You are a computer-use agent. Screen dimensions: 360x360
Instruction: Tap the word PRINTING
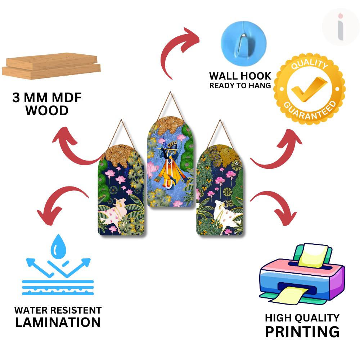coord(302,332)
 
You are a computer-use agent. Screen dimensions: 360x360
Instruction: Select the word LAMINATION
coord(58,322)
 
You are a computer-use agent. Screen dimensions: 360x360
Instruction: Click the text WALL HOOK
coord(240,76)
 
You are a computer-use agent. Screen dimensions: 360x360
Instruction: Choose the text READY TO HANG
coord(240,86)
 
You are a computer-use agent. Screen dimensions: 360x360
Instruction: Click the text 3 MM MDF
coord(47,98)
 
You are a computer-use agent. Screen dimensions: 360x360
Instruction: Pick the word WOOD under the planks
coord(47,111)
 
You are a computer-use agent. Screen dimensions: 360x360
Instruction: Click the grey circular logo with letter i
coord(340,27)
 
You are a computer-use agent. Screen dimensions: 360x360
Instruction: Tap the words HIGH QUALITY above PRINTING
coord(302,318)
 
